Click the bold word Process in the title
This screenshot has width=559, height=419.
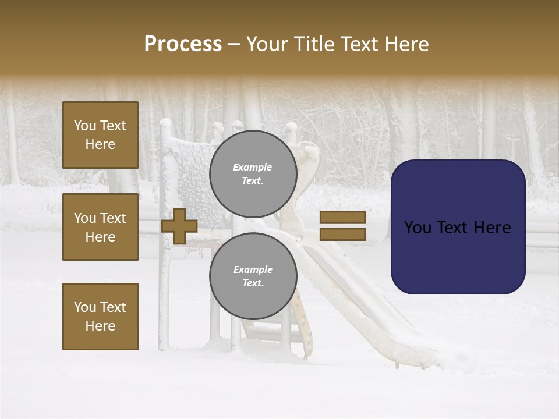click(x=183, y=44)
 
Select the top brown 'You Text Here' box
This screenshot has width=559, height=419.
click(x=100, y=135)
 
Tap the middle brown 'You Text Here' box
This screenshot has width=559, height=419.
click(x=100, y=227)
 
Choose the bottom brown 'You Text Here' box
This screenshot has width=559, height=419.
click(x=100, y=317)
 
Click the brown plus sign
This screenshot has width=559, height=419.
click(x=179, y=226)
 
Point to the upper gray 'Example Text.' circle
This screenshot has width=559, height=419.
click(x=253, y=174)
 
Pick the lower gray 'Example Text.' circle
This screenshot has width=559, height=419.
click(x=253, y=276)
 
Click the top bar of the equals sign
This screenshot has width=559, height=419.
click(x=342, y=218)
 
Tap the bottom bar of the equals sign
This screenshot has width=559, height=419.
click(x=342, y=234)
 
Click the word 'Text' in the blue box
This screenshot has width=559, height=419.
click(x=450, y=228)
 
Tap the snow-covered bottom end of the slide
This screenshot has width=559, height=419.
click(x=425, y=355)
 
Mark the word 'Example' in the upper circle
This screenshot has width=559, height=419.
click(x=253, y=167)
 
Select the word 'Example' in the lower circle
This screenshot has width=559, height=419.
click(x=253, y=269)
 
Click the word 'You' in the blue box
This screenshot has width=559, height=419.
click(x=418, y=228)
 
